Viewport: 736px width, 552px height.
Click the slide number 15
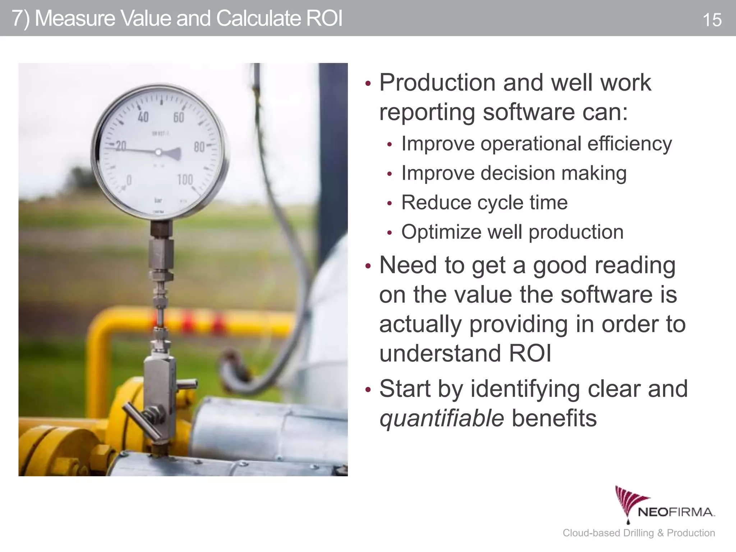pyautogui.click(x=712, y=20)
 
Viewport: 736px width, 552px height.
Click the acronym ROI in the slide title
pyautogui.click(x=324, y=19)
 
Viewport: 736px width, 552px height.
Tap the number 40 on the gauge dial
pyautogui.click(x=143, y=117)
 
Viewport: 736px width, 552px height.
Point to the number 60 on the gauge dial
pyautogui.click(x=179, y=117)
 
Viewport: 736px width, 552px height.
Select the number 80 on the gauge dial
pyautogui.click(x=199, y=147)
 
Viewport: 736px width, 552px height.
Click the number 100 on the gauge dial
pyautogui.click(x=185, y=179)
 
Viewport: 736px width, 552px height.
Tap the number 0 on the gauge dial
pyautogui.click(x=129, y=180)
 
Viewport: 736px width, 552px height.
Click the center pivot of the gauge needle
pyautogui.click(x=158, y=152)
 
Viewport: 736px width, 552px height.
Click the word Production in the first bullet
pyautogui.click(x=438, y=83)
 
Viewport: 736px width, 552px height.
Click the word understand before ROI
pyautogui.click(x=440, y=353)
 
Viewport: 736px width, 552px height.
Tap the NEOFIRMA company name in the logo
pyautogui.click(x=676, y=512)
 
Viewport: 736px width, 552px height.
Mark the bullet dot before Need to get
pyautogui.click(x=367, y=267)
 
